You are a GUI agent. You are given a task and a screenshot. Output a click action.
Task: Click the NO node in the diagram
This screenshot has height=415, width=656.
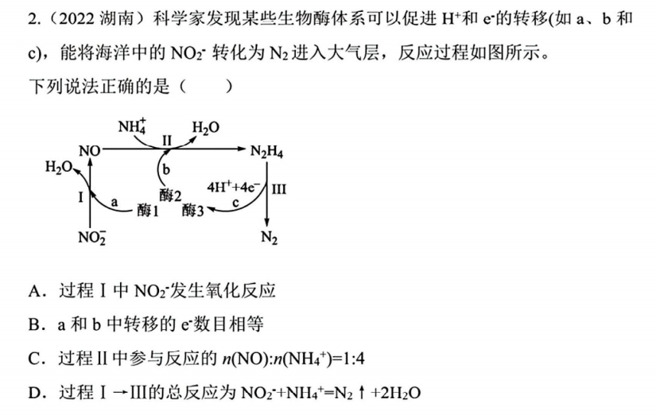tap(90, 150)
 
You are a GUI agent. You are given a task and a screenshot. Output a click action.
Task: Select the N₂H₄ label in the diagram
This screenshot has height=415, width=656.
tap(266, 151)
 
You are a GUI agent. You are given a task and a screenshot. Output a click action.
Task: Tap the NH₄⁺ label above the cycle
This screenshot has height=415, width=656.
tap(132, 126)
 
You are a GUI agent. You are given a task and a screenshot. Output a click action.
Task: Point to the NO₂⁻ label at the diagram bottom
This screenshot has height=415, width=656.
tap(92, 237)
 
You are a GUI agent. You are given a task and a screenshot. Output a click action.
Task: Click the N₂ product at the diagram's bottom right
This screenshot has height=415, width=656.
tap(269, 238)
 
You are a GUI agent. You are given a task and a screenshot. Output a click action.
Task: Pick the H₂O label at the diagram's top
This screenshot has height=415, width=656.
tap(206, 127)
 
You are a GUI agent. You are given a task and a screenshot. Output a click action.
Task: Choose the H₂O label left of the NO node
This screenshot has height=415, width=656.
tap(59, 167)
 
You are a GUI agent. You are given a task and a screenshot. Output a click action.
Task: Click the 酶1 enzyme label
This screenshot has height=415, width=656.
tap(148, 211)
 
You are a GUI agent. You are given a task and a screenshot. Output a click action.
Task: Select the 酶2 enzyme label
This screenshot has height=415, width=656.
tap(170, 195)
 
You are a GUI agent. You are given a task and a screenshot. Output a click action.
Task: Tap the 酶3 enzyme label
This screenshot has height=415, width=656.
tap(193, 211)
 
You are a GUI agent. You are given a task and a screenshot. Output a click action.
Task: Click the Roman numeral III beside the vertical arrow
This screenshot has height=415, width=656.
tap(279, 189)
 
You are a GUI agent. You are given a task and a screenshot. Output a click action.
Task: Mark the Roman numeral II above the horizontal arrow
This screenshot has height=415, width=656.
tap(167, 140)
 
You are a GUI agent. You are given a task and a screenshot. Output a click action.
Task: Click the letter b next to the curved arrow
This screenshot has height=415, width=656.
tap(166, 169)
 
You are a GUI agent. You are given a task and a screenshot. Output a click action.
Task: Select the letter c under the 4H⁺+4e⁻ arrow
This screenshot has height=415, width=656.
tap(235, 204)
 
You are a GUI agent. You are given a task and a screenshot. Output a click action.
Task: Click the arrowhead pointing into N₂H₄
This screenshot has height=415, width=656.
tap(242, 149)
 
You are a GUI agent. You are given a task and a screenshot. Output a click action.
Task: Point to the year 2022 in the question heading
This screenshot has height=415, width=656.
tap(76, 19)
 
